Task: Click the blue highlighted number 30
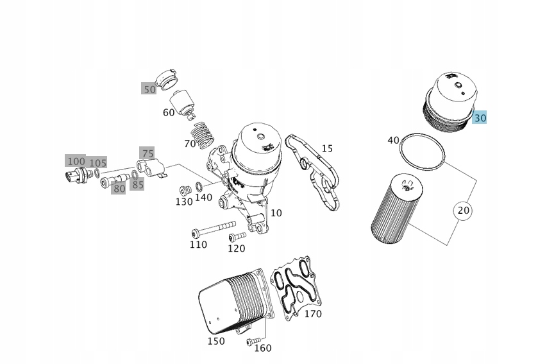(x=480, y=118)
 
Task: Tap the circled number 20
(x=463, y=210)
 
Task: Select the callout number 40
(x=393, y=140)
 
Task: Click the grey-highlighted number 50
(x=149, y=89)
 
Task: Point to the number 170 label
(x=312, y=314)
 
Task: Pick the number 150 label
(x=215, y=341)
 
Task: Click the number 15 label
(x=327, y=148)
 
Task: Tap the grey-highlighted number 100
(x=76, y=161)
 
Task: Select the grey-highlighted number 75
(x=147, y=153)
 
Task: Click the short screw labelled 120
(x=236, y=238)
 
